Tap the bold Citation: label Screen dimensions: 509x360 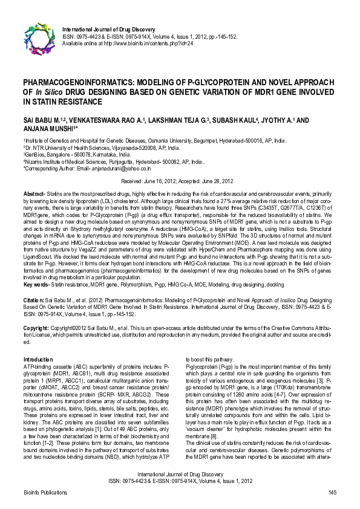pos(34,299)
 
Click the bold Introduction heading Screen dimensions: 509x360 pos(38,359)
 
